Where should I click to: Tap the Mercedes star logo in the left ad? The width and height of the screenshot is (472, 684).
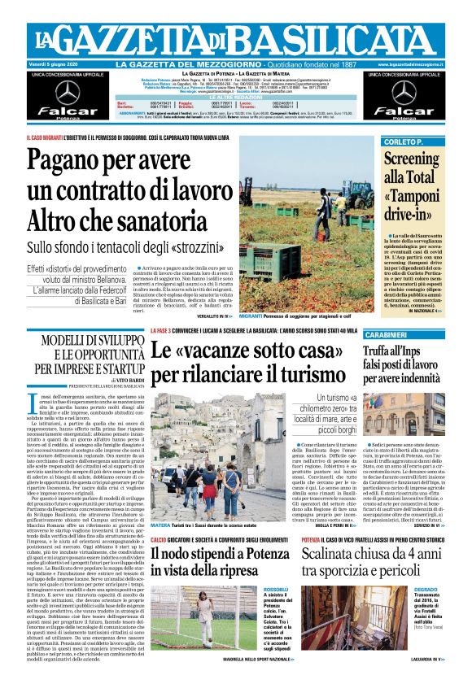(68, 92)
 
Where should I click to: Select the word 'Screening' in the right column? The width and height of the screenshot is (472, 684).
(411, 158)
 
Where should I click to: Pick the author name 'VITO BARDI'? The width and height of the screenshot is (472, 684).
(107, 379)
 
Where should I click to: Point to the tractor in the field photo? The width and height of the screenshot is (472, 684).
(359, 195)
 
